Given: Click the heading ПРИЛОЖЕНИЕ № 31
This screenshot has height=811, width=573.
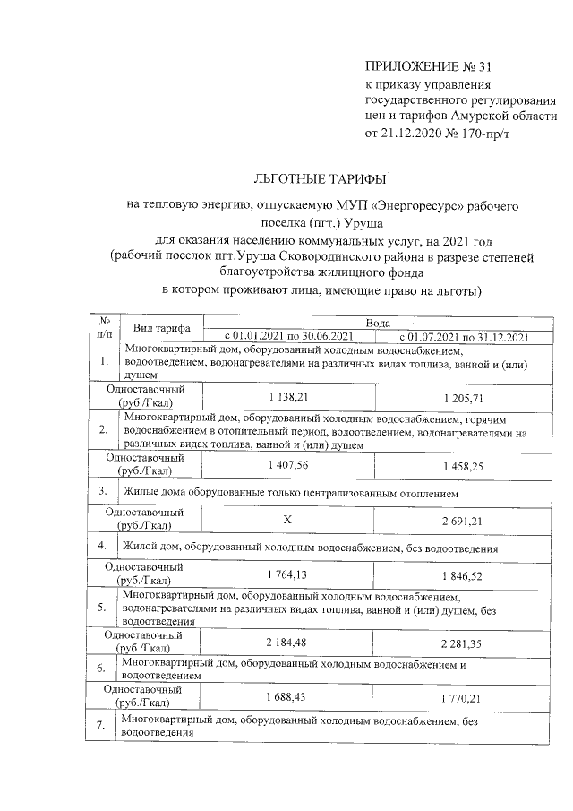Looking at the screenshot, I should pos(429,67).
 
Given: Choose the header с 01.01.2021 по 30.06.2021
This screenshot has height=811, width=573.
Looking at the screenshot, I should pos(289,336).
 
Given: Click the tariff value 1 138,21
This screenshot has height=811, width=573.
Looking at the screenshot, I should pos(288,395).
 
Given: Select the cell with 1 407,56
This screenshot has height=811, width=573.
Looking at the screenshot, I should pos(288,465).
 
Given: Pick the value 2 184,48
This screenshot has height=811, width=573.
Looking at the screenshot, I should pos(288,642).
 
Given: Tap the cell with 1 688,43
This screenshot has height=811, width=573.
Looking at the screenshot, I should pos(288,697).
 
